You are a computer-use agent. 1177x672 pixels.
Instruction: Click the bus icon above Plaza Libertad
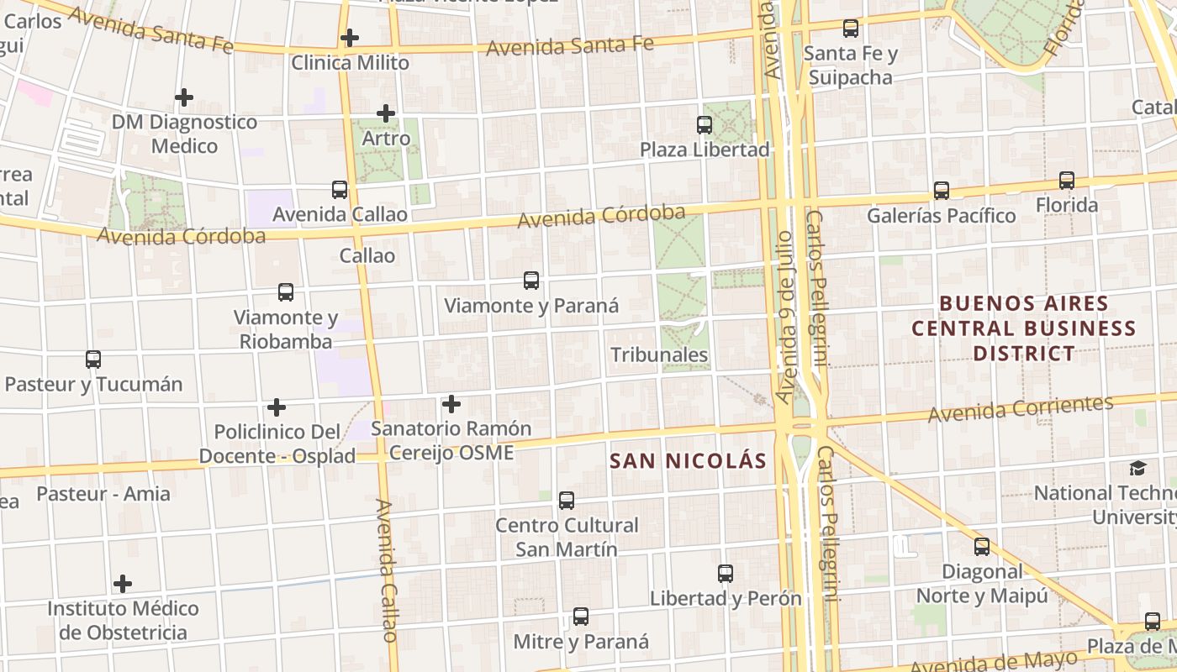pos(705,125)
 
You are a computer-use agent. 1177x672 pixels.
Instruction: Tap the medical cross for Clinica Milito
pos(350,38)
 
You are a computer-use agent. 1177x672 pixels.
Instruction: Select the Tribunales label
pos(659,355)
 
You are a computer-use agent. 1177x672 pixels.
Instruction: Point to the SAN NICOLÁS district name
pos(688,460)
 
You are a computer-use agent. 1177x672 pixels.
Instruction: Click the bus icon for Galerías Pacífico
pos(942,191)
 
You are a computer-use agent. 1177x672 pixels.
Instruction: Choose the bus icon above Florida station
pos(1067,180)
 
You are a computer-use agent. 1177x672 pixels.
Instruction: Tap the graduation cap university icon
pos(1137,468)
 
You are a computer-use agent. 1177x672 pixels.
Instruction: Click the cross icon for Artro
pos(386,113)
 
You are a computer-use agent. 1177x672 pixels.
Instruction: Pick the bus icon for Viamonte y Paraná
pos(531,281)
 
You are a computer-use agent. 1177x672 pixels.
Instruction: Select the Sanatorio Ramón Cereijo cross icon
pos(451,404)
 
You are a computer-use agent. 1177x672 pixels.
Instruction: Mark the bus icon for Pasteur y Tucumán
pos(93,360)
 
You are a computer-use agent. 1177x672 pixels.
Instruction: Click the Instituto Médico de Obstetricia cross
pos(123,583)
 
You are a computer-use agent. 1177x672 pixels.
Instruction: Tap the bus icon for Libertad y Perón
pos(726,574)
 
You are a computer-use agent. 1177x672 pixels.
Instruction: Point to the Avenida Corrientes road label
pos(1021,409)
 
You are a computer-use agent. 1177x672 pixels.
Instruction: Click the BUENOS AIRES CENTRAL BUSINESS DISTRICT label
pos(1023,328)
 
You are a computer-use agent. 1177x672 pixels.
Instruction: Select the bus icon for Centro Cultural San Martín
pos(567,501)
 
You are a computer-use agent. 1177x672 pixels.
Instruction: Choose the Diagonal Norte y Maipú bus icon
pos(982,547)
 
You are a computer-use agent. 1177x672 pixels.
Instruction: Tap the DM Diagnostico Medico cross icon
pos(184,97)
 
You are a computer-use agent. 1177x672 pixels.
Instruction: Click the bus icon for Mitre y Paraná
pos(581,617)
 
